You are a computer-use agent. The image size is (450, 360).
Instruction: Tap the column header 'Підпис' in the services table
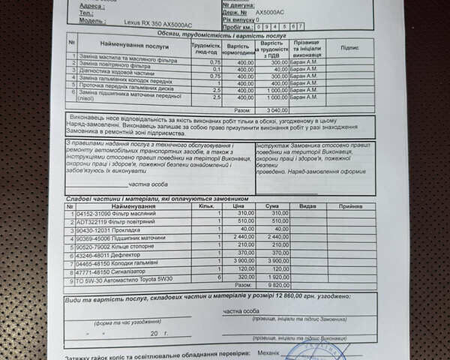pos(349,46)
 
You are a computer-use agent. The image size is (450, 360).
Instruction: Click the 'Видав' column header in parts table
pos(308,205)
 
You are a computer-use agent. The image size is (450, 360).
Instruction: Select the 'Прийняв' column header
pos(350,205)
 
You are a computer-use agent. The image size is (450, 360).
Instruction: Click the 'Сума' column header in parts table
pos(272,205)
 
